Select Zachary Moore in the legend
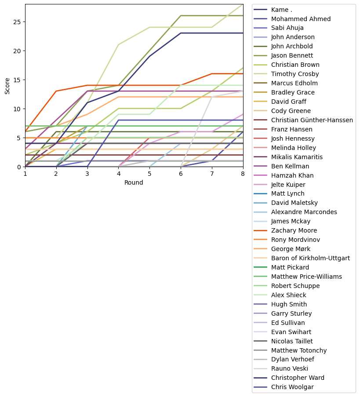pos(294,230)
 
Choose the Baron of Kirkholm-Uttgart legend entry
pos(310,258)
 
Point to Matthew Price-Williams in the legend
pos(306,277)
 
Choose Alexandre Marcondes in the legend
pos(304,212)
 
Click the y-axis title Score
pos(7,85)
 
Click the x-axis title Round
pos(134,182)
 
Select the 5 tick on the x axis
pos(149,174)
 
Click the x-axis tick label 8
pos(243,174)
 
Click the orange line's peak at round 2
pos(56,91)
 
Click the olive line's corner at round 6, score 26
pos(181,16)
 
